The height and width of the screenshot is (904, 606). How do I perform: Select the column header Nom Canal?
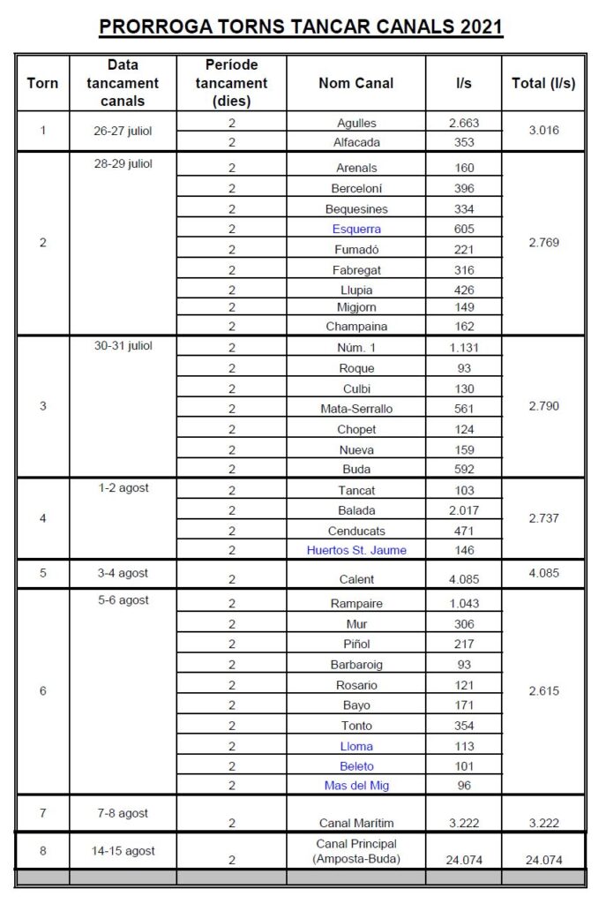tap(355, 83)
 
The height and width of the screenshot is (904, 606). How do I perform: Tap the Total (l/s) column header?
tap(543, 83)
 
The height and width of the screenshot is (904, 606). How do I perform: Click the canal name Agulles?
tap(355, 124)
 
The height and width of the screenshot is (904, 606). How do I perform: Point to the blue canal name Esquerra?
tap(355, 230)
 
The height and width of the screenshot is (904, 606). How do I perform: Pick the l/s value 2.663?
tap(463, 124)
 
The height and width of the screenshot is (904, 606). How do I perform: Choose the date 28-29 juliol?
tap(123, 164)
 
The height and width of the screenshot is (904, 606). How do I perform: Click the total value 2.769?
tap(543, 242)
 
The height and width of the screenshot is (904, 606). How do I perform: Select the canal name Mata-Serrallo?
tap(355, 409)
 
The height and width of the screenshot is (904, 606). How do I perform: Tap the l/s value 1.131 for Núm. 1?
tap(463, 347)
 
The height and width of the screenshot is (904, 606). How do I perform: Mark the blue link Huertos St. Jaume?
tap(355, 551)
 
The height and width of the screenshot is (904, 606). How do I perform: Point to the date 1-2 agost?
tap(123, 488)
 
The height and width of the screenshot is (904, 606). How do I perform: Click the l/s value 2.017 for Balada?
tap(463, 510)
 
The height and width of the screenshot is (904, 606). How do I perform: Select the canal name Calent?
tap(355, 580)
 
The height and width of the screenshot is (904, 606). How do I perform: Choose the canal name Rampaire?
tap(355, 603)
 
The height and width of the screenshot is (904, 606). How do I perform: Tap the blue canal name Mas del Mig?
tap(355, 785)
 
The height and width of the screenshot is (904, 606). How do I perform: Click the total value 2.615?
tap(543, 691)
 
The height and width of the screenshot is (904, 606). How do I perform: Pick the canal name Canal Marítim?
tap(355, 823)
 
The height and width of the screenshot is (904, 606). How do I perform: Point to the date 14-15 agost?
tap(123, 851)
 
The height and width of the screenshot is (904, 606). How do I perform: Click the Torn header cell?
tap(43, 83)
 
